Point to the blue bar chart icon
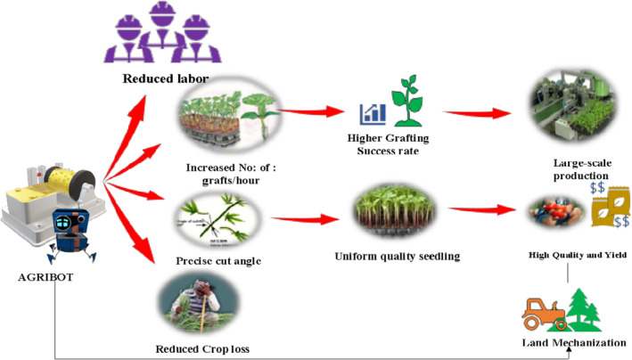pos(373,114)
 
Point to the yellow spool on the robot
pos(72,182)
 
